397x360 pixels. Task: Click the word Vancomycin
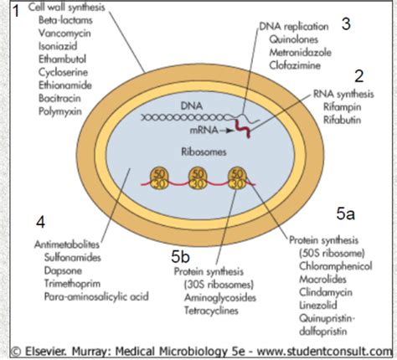tap(64, 33)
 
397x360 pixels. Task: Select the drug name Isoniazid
tap(58, 46)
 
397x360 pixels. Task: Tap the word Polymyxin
tap(60, 111)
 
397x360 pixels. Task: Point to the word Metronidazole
tap(300, 53)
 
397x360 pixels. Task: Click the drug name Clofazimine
tap(295, 65)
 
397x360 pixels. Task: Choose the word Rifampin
tap(342, 107)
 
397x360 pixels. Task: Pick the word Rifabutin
tap(342, 120)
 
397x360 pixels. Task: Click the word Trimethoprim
tap(72, 284)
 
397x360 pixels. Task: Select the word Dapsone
tap(63, 270)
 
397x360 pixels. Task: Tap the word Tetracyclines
tap(211, 311)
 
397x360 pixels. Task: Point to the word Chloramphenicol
tap(336, 266)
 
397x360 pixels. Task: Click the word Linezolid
tap(318, 305)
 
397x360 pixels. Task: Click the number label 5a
tap(345, 214)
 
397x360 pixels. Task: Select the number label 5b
tap(180, 256)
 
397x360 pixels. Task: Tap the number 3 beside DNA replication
tap(346, 24)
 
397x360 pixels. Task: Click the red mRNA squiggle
tap(243, 129)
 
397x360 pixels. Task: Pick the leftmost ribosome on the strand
tap(159, 178)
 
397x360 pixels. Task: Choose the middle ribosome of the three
tap(198, 178)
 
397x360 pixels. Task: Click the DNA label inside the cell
tap(192, 105)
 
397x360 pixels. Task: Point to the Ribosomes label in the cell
tap(204, 152)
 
